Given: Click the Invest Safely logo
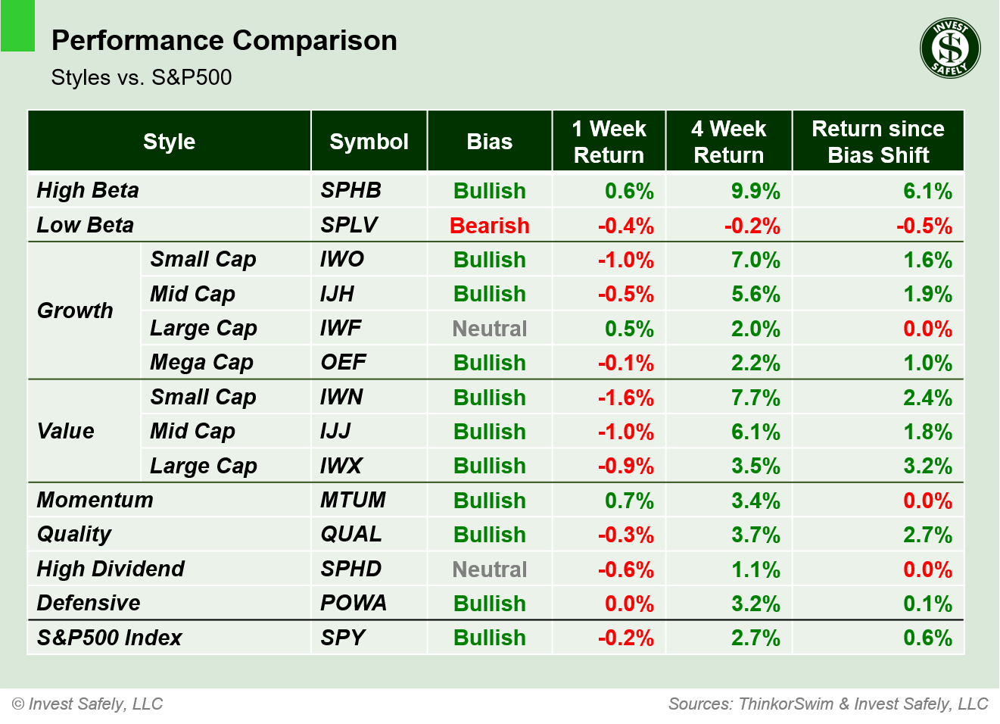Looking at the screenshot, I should tap(950, 48).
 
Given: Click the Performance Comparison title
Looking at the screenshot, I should tap(224, 40).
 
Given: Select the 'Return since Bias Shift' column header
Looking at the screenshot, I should tap(877, 142).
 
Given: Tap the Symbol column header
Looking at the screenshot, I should tap(369, 142).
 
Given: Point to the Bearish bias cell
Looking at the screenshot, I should tap(489, 226).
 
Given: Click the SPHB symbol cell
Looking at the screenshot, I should tap(350, 190).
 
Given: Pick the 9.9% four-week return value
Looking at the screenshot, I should tap(755, 191).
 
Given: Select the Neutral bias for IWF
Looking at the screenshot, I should tap(489, 329).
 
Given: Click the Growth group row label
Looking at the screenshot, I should tap(75, 311).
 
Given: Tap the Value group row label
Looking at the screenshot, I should tap(66, 431).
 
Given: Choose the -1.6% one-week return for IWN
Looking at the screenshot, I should tap(625, 398).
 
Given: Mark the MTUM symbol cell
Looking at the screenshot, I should tap(353, 500).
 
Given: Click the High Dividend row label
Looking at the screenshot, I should tap(111, 569).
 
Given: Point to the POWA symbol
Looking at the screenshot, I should tap(353, 603).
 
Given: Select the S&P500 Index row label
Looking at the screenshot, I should tap(110, 638).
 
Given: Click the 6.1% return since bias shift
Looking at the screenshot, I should tap(927, 191).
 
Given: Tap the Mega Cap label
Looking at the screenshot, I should tap(201, 363).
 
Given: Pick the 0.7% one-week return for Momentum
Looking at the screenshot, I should tap(628, 501).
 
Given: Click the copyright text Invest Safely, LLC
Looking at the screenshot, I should tap(88, 704).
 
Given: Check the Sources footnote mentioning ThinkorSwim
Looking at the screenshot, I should tap(828, 704).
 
